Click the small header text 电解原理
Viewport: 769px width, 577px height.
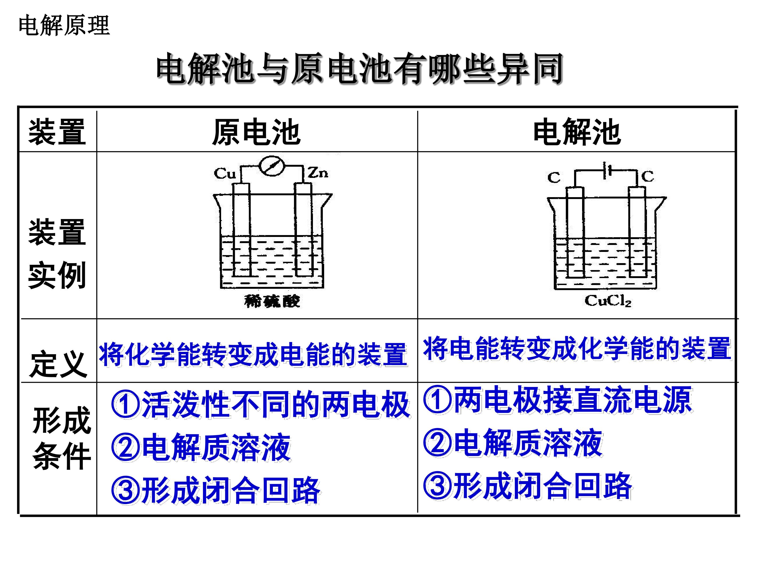[64, 25]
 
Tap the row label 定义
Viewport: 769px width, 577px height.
[58, 364]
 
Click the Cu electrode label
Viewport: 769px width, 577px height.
[225, 173]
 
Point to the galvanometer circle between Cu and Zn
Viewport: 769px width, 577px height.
[272, 166]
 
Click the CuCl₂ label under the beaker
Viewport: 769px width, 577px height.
[608, 301]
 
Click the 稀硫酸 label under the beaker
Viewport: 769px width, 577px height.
[272, 301]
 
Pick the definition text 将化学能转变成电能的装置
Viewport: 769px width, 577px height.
[253, 354]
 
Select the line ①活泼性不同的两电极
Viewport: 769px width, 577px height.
[261, 404]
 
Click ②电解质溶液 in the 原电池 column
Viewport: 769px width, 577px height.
[201, 447]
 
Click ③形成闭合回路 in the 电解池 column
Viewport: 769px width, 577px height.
[528, 486]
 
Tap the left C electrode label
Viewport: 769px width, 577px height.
[554, 178]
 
